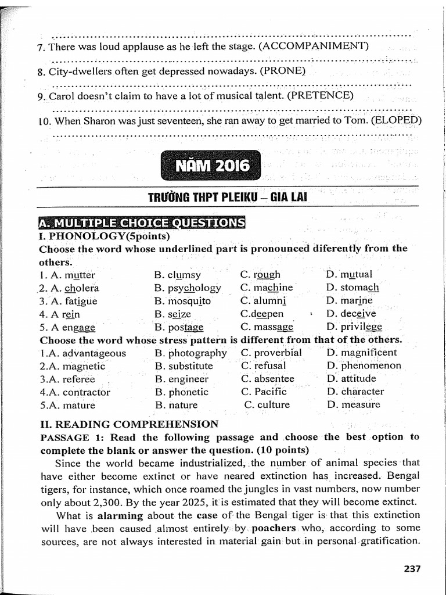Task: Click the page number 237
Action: [x=412, y=568]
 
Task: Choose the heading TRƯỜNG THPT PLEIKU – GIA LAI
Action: [x=227, y=197]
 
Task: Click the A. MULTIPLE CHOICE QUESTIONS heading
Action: [x=141, y=223]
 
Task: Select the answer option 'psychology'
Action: [x=195, y=288]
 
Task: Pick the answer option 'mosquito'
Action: [x=189, y=301]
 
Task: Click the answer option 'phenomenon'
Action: [x=371, y=366]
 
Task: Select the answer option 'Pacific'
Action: [x=271, y=392]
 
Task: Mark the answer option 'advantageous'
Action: [x=93, y=353]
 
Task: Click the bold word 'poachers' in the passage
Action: [x=274, y=528]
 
